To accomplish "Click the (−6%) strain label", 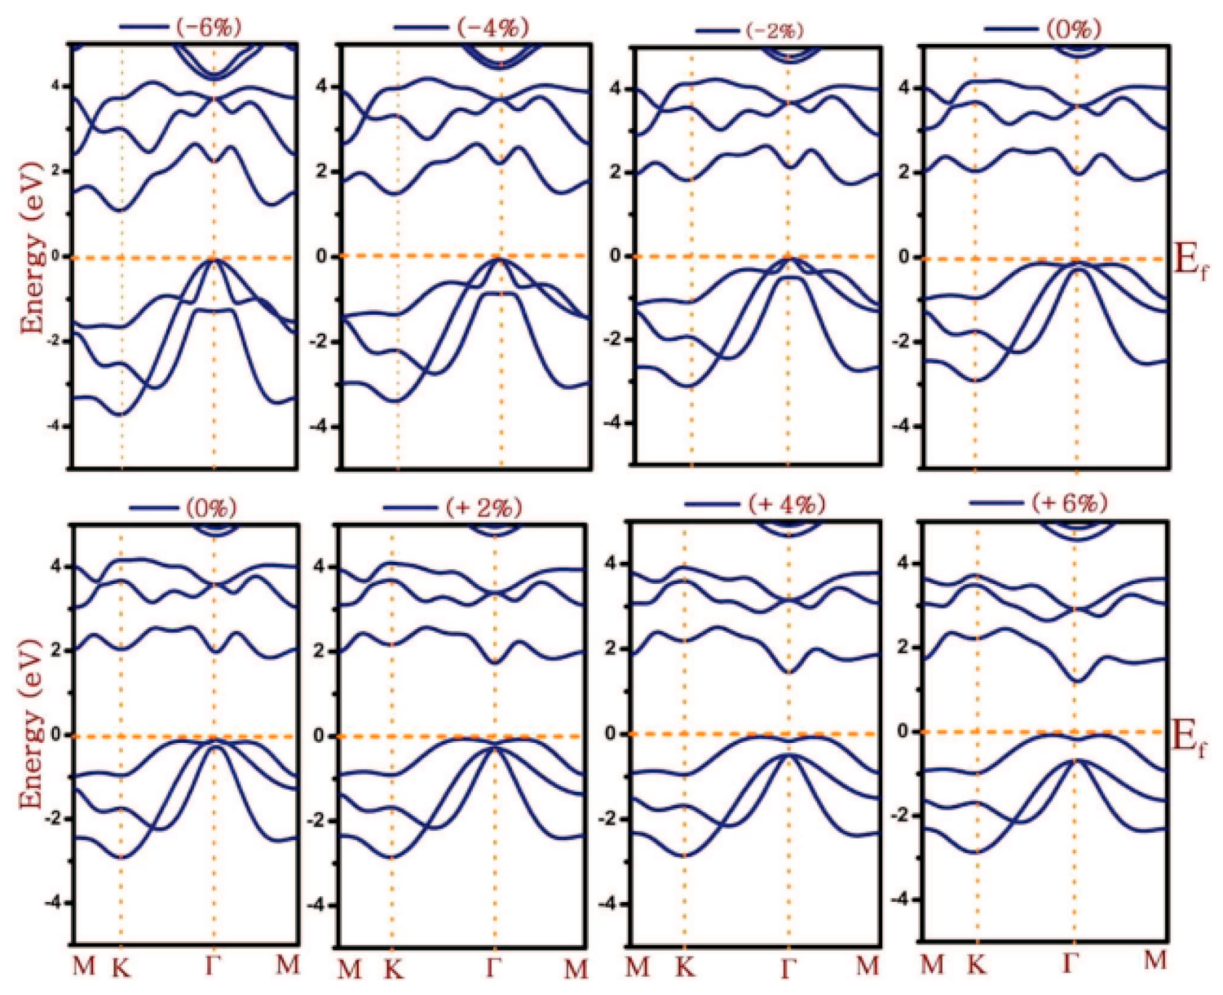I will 210,26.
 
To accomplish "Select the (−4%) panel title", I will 493,27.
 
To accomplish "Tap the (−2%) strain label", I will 774,31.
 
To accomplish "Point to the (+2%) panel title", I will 483,507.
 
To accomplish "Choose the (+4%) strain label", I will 786,503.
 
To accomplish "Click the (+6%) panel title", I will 1069,502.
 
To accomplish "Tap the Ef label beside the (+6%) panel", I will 1190,737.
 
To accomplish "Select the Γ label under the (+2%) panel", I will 494,968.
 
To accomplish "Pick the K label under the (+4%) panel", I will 685,967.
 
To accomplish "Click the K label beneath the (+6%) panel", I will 977,966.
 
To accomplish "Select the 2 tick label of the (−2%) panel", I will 616,172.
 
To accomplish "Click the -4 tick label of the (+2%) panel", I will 319,904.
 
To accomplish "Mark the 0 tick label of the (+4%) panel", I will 611,734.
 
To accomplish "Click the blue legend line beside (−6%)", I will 143,27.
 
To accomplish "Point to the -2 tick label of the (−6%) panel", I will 56,340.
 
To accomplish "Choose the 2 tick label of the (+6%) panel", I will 903,647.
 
